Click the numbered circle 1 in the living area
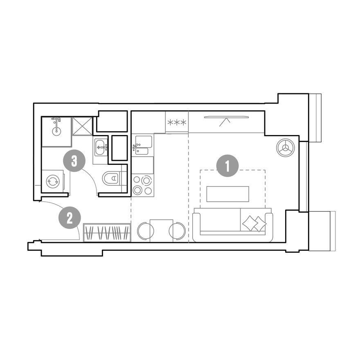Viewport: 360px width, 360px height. click(x=227, y=166)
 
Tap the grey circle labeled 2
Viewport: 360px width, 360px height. click(x=70, y=218)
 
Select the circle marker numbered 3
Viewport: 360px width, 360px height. click(x=74, y=161)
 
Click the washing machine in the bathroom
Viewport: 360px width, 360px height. click(x=53, y=181)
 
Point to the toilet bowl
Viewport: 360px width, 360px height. click(x=111, y=178)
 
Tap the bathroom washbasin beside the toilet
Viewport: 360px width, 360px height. click(x=100, y=147)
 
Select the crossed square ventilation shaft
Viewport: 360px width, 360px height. click(x=82, y=126)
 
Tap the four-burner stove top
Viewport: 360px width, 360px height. click(x=142, y=185)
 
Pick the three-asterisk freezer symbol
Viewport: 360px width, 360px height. click(x=176, y=122)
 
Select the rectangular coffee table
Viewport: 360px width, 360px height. click(x=227, y=194)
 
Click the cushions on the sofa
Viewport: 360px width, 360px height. click(x=254, y=223)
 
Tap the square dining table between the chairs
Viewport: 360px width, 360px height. click(x=162, y=230)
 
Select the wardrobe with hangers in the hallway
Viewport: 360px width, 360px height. click(x=107, y=232)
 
